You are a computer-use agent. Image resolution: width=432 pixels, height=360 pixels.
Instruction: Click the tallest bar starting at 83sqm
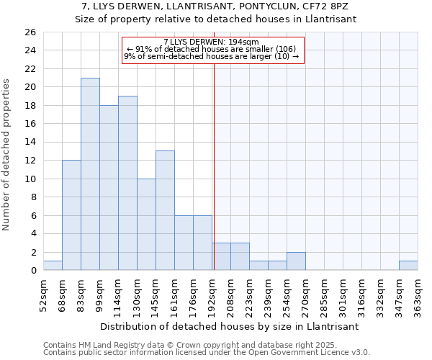coord(90,174)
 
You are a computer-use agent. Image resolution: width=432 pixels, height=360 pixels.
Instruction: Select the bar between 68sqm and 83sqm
coord(71,215)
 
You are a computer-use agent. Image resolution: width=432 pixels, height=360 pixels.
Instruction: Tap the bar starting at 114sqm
coord(127,183)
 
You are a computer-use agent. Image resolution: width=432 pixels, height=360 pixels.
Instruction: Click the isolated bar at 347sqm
coord(408,266)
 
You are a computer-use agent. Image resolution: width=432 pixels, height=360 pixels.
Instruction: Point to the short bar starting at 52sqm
coord(53,266)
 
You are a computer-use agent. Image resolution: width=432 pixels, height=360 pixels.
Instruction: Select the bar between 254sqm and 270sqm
coord(296,261)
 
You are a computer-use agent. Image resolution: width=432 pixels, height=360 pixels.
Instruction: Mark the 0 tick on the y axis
coord(32,270)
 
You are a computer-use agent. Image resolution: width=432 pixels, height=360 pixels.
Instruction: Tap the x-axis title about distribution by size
coord(230,326)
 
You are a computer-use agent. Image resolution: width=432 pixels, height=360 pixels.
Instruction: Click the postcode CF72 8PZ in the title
coord(328,6)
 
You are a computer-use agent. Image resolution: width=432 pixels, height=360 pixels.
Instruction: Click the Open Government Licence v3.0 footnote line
coord(207,353)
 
